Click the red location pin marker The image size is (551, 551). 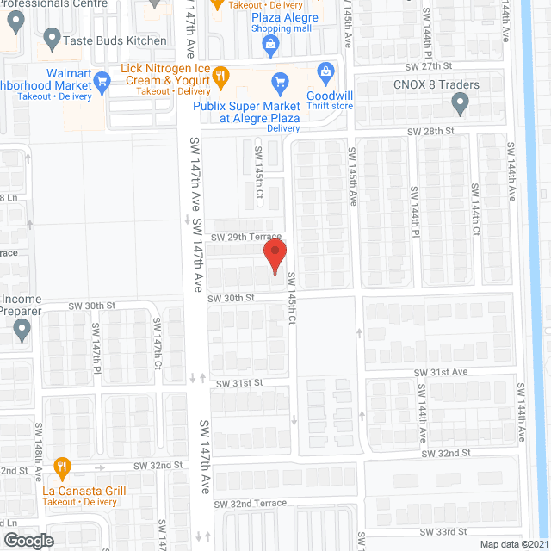click(274, 257)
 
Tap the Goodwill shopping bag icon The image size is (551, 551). click(325, 71)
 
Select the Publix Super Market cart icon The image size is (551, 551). click(279, 83)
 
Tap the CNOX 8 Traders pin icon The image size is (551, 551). click(460, 104)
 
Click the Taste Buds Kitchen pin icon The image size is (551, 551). click(52, 39)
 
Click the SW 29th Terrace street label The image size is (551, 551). click(246, 237)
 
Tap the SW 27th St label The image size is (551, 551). click(430, 65)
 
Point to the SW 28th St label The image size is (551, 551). click(430, 131)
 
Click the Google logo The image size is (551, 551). click(28, 540)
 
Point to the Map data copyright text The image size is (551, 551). click(513, 544)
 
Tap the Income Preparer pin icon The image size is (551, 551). click(23, 328)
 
